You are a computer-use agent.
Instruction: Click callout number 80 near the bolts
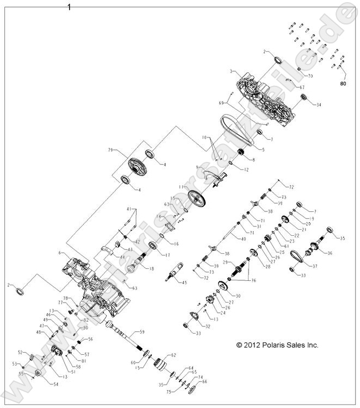coord(343,84)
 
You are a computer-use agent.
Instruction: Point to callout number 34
coord(319,105)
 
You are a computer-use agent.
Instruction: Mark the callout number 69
coord(222,103)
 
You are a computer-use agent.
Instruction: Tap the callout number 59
coord(141,331)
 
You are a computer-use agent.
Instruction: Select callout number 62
coord(174,355)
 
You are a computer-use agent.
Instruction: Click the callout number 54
coord(56,384)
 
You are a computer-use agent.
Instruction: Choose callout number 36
coord(330,253)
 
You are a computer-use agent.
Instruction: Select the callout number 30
coord(238,296)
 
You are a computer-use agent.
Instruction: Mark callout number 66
coord(204,381)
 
